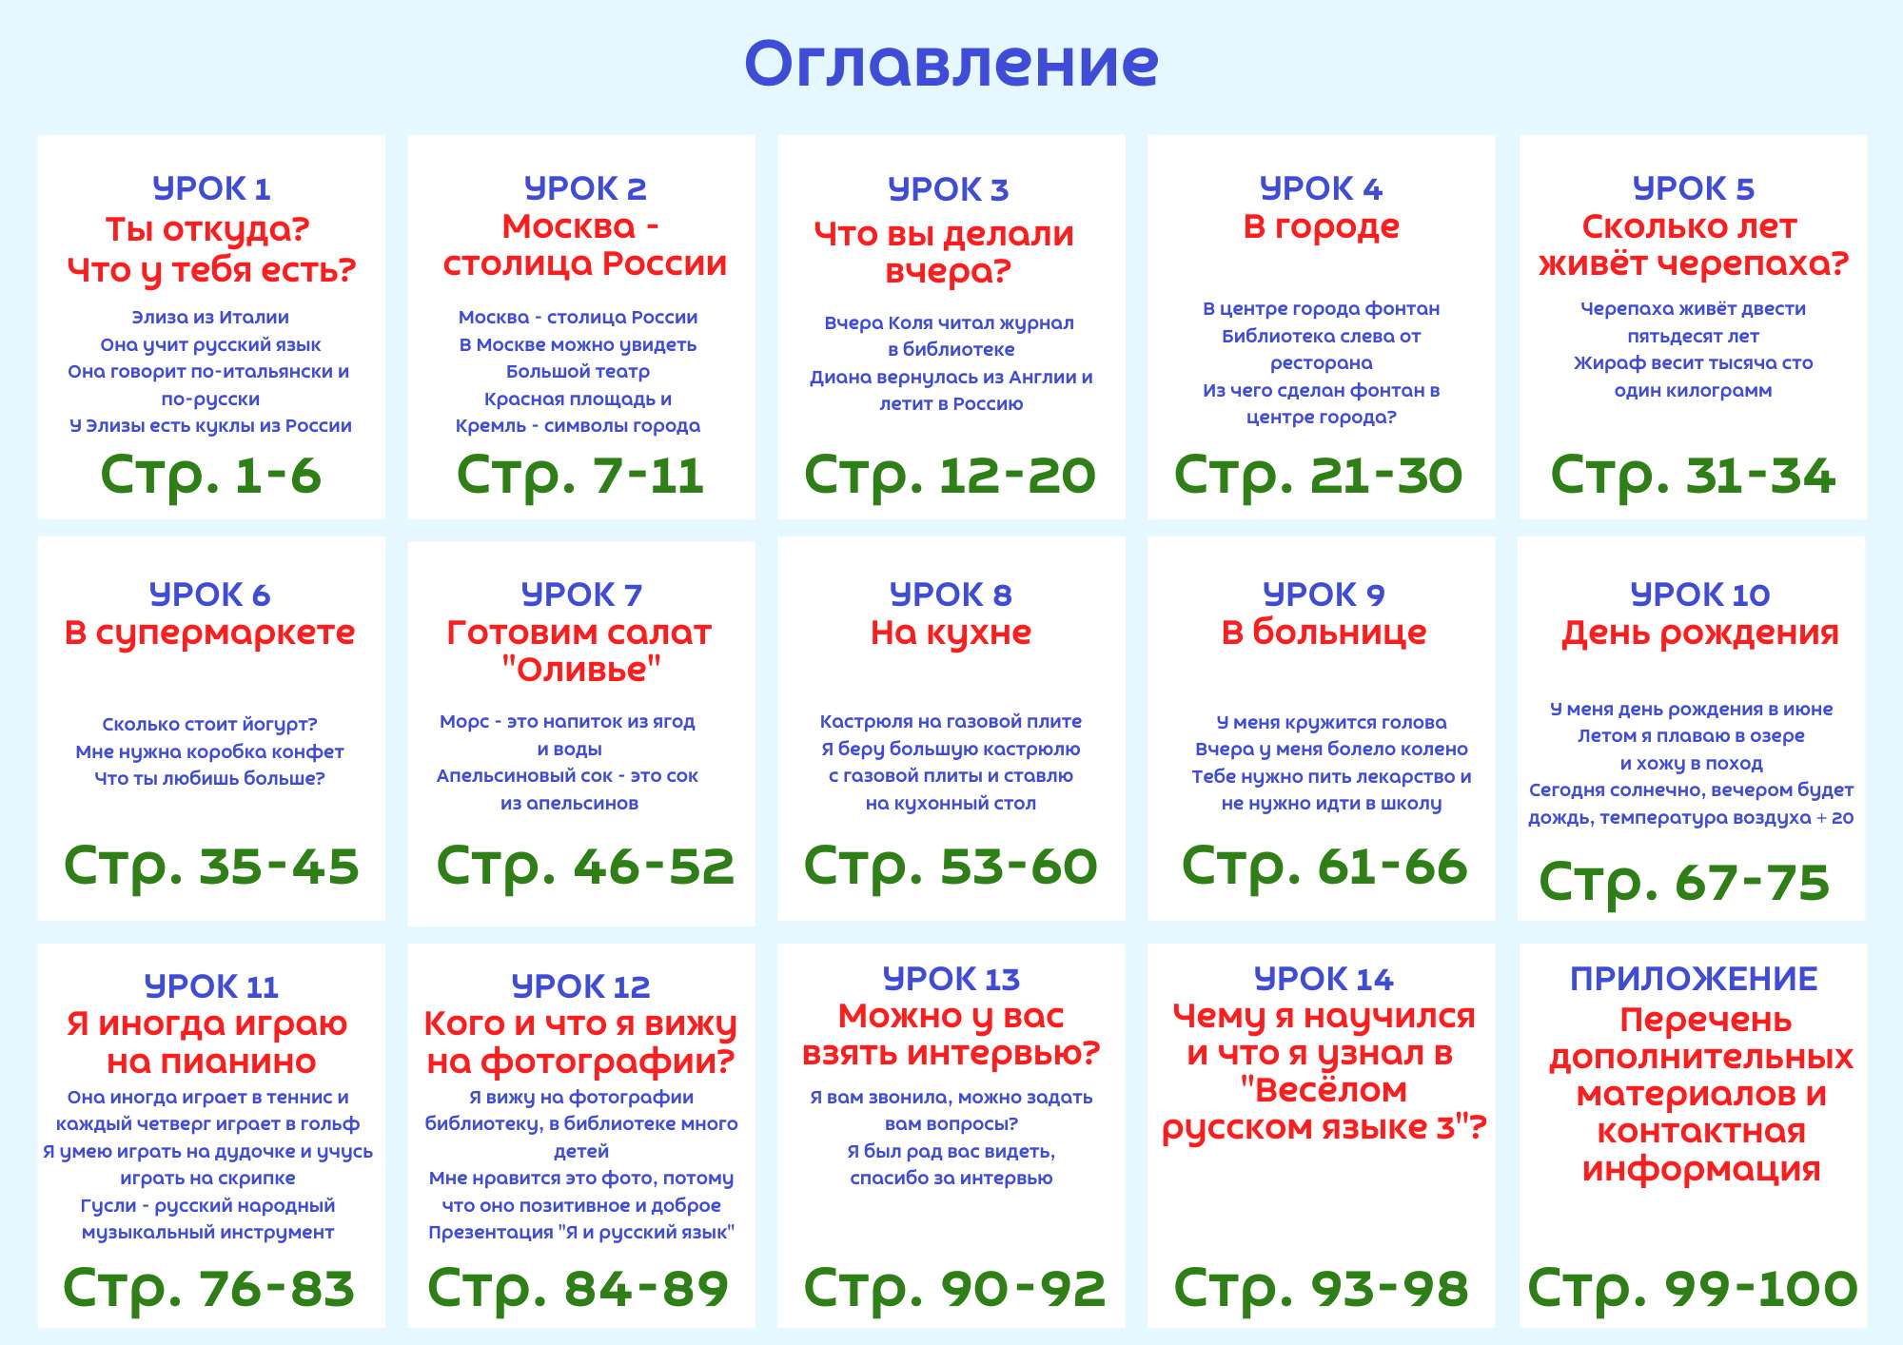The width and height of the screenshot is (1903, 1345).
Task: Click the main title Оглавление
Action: pos(951,64)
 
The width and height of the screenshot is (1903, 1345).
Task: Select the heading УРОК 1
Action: pos(211,188)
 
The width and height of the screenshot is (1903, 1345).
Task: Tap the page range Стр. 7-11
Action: pos(580,476)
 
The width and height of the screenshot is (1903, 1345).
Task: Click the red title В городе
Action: pos(1321,227)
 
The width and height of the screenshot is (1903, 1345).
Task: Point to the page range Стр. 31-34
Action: pos(1693,476)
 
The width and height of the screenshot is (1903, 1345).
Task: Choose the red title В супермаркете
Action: pos(209,634)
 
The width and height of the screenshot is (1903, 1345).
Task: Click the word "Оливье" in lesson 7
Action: pos(580,669)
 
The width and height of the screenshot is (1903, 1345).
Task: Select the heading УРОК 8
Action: pos(951,595)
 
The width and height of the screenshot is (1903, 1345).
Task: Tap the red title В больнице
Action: pos(1324,633)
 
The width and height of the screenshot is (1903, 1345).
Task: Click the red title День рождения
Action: pos(1699,634)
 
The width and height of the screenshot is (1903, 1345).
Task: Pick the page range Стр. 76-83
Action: pos(209,1288)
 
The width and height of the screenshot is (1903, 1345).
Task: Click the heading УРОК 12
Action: pos(580,986)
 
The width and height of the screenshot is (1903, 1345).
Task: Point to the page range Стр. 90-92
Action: pos(954,1288)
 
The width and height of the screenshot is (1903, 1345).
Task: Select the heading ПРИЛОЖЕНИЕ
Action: pos(1694,979)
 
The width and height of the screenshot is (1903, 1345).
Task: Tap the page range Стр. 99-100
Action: pos(1693,1288)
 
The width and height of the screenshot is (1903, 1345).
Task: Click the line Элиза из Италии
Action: pos(210,318)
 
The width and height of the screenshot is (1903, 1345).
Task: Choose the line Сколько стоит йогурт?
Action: pos(209,725)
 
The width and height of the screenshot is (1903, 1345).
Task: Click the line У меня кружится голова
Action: pos(1331,723)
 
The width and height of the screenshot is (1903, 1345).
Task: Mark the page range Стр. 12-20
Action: pos(950,476)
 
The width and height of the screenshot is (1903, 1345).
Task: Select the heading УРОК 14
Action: pos(1324,979)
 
